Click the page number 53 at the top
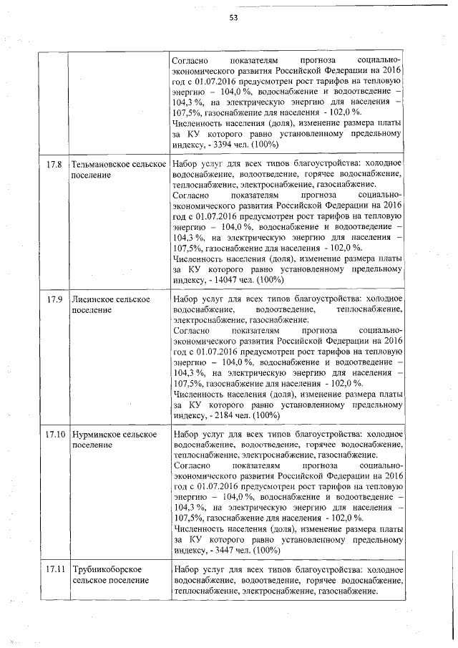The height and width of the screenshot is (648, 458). (x=233, y=17)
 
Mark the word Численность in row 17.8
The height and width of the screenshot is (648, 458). (x=198, y=260)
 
